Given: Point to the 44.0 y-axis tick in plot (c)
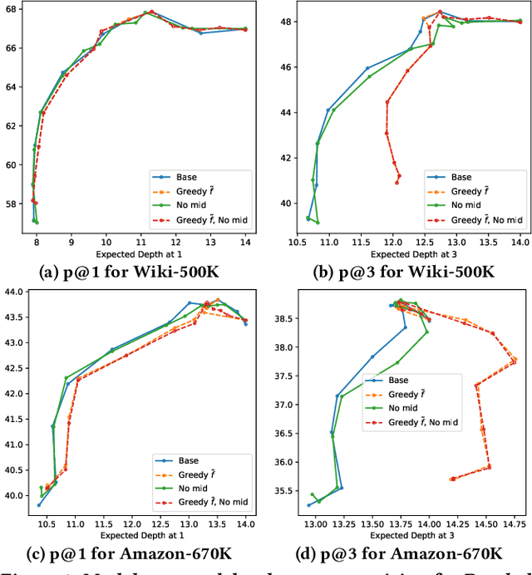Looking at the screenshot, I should point(14,292).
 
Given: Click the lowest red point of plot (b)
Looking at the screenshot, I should point(397,182).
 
